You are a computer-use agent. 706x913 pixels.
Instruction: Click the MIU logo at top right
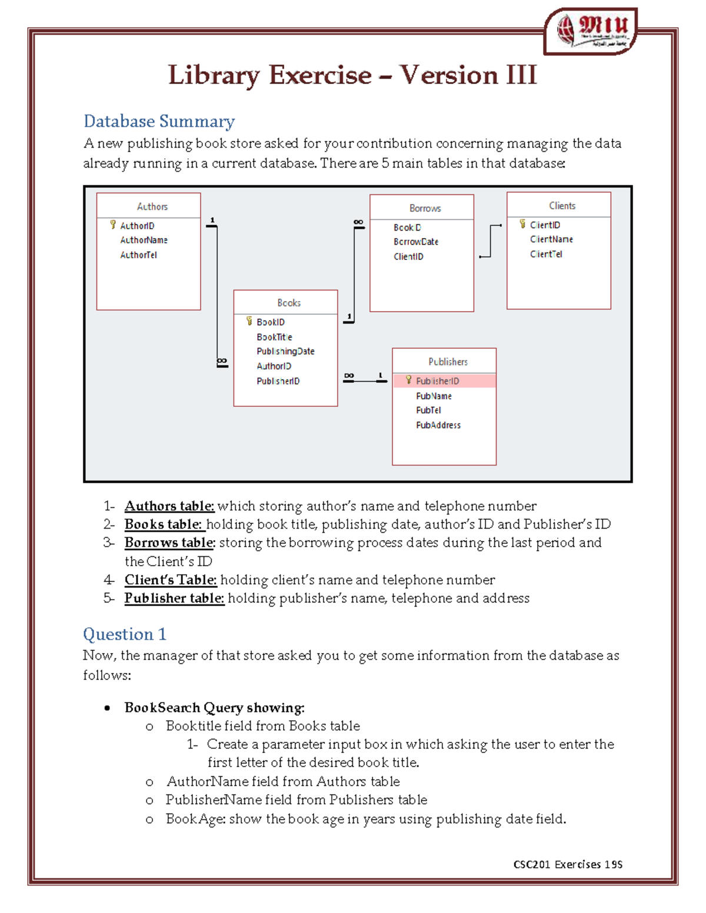click(591, 31)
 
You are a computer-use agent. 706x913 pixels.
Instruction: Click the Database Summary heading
click(159, 121)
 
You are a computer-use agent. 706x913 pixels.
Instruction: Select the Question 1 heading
click(124, 634)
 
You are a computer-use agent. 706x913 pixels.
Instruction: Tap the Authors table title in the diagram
click(152, 206)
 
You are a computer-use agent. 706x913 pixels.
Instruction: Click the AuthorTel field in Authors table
click(138, 255)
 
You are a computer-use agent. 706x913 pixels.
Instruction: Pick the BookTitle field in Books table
click(274, 337)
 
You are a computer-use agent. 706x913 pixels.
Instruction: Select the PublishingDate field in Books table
click(285, 351)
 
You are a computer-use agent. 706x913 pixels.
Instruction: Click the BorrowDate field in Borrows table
click(415, 242)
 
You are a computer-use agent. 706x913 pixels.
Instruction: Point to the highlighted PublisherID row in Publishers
click(444, 381)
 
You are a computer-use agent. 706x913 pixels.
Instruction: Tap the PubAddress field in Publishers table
click(438, 425)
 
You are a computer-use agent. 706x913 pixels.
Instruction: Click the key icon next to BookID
click(249, 321)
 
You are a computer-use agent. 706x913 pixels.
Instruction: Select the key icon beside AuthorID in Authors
click(113, 225)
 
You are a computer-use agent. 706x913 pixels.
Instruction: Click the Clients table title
click(562, 206)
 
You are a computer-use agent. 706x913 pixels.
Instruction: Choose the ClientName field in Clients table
click(551, 239)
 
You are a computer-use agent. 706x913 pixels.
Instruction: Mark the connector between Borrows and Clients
click(490, 241)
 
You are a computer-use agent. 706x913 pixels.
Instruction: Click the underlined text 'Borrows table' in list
click(169, 542)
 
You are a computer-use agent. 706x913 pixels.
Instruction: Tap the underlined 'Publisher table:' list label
click(174, 598)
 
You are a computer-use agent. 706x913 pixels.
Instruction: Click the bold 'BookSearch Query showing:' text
click(214, 707)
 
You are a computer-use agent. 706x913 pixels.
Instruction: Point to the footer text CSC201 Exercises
click(567, 864)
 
